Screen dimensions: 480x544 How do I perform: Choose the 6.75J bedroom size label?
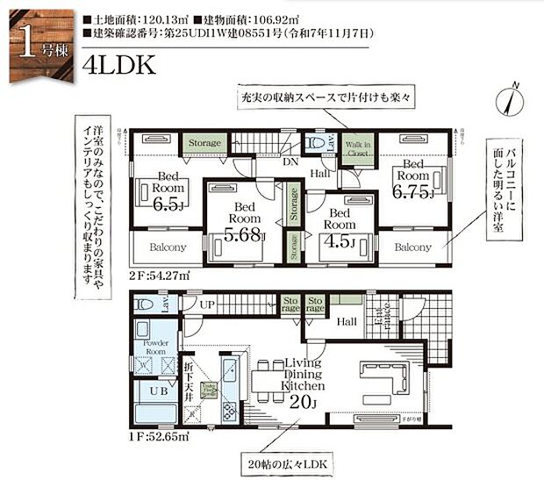pyautogui.click(x=412, y=193)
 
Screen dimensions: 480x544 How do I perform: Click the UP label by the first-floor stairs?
pyautogui.click(x=207, y=304)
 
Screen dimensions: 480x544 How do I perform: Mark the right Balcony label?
pyautogui.click(x=412, y=247)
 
